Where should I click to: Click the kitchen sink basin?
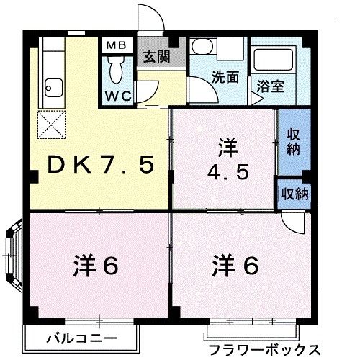coord(52,90)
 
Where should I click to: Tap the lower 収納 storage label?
coord(293,194)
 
